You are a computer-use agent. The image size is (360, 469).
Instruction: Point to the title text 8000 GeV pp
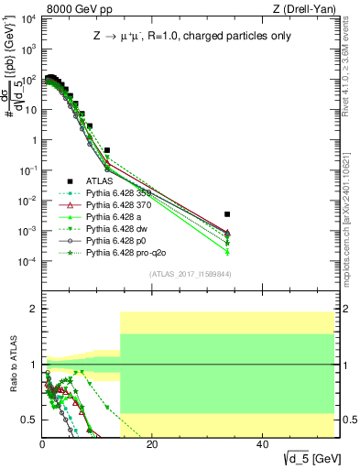[x=76, y=10]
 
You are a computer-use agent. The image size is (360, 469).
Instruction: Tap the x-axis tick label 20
[x=152, y=444]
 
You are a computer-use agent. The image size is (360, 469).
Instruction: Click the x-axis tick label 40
[x=263, y=444]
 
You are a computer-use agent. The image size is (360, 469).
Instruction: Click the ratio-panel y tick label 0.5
[x=30, y=420]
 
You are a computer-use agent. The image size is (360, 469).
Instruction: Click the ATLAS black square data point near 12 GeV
[x=107, y=149]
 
